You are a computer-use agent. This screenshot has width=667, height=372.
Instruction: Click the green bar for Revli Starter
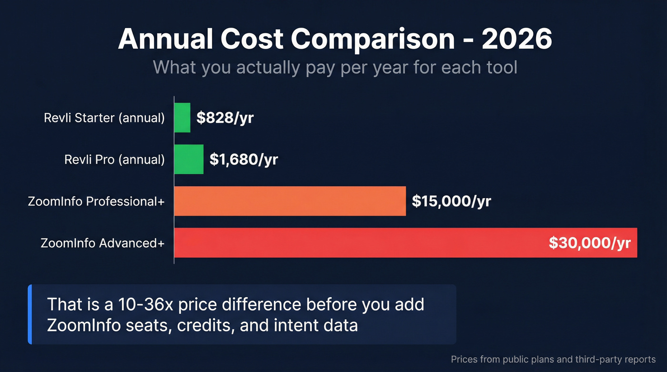coord(182,118)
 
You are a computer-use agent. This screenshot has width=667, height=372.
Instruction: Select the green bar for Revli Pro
coord(189,160)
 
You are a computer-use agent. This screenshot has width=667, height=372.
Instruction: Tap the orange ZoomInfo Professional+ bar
coord(290,201)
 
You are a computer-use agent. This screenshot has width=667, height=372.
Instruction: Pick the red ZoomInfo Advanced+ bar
coord(357,243)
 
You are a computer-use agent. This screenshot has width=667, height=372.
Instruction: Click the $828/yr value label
coord(225,118)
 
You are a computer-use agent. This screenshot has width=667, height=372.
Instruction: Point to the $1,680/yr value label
coord(243,160)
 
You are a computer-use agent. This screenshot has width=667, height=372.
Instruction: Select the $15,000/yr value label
coord(451,201)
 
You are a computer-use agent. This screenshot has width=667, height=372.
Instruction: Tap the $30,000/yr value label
coord(589,243)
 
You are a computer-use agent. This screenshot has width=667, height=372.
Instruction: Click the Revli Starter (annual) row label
coord(104,118)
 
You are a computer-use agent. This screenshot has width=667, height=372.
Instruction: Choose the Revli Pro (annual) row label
coord(114,160)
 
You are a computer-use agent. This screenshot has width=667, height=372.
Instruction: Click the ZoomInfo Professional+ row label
coord(96,201)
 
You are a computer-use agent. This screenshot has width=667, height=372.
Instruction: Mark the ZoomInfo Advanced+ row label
coord(102,243)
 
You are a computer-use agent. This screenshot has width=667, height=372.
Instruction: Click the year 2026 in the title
coord(516,39)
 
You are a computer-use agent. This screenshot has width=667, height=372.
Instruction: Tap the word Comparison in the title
coord(373,39)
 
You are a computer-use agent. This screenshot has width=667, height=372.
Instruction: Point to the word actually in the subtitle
coord(268,67)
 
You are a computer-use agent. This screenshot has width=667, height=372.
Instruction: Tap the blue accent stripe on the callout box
coord(30,314)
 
